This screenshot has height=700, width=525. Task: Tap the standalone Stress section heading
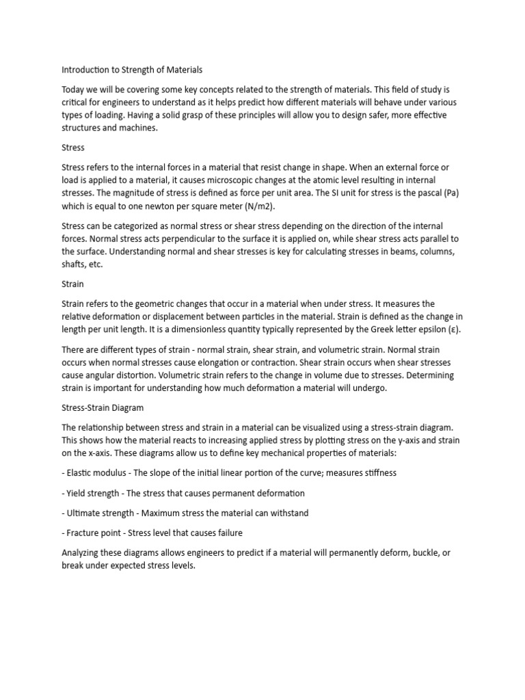(x=73, y=147)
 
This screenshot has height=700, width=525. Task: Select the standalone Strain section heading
(x=72, y=283)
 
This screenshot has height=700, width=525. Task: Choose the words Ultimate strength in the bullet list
(x=102, y=513)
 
